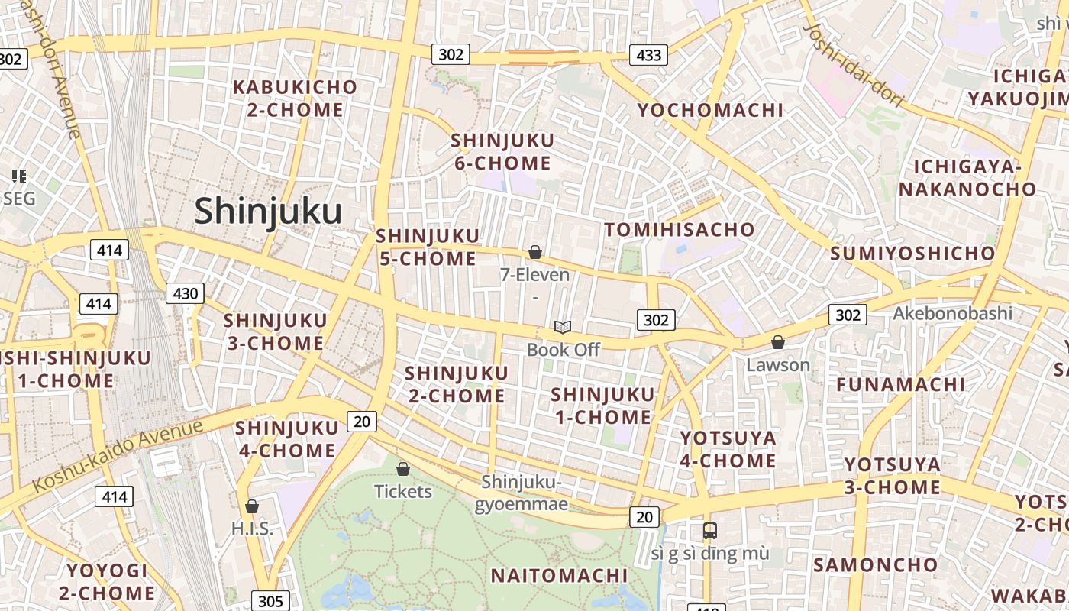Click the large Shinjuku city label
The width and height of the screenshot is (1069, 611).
[267, 211]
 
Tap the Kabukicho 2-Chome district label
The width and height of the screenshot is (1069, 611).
[295, 99]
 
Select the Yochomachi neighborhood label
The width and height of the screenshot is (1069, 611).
[710, 110]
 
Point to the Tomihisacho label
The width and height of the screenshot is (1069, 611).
[680, 229]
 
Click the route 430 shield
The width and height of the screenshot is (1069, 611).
[185, 293]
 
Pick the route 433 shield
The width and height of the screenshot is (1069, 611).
[648, 55]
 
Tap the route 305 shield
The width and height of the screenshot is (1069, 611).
[270, 601]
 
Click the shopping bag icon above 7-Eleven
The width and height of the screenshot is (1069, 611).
[535, 252]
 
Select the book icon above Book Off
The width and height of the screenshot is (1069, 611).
[563, 328]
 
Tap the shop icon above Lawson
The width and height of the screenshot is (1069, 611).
[778, 342]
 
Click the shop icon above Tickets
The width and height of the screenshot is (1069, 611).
[403, 469]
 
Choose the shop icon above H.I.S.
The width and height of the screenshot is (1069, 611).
[251, 506]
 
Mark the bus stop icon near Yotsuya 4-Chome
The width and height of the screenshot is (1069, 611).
[710, 530]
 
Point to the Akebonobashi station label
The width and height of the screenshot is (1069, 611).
[952, 313]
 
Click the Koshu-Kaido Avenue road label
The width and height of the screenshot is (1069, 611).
[118, 455]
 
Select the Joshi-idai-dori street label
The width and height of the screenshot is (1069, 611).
[854, 64]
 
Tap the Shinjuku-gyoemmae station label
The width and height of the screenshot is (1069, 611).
[522, 493]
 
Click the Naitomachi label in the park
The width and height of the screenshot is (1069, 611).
[558, 575]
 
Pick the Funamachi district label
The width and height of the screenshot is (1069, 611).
[900, 384]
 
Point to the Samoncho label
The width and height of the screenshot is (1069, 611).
[875, 565]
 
